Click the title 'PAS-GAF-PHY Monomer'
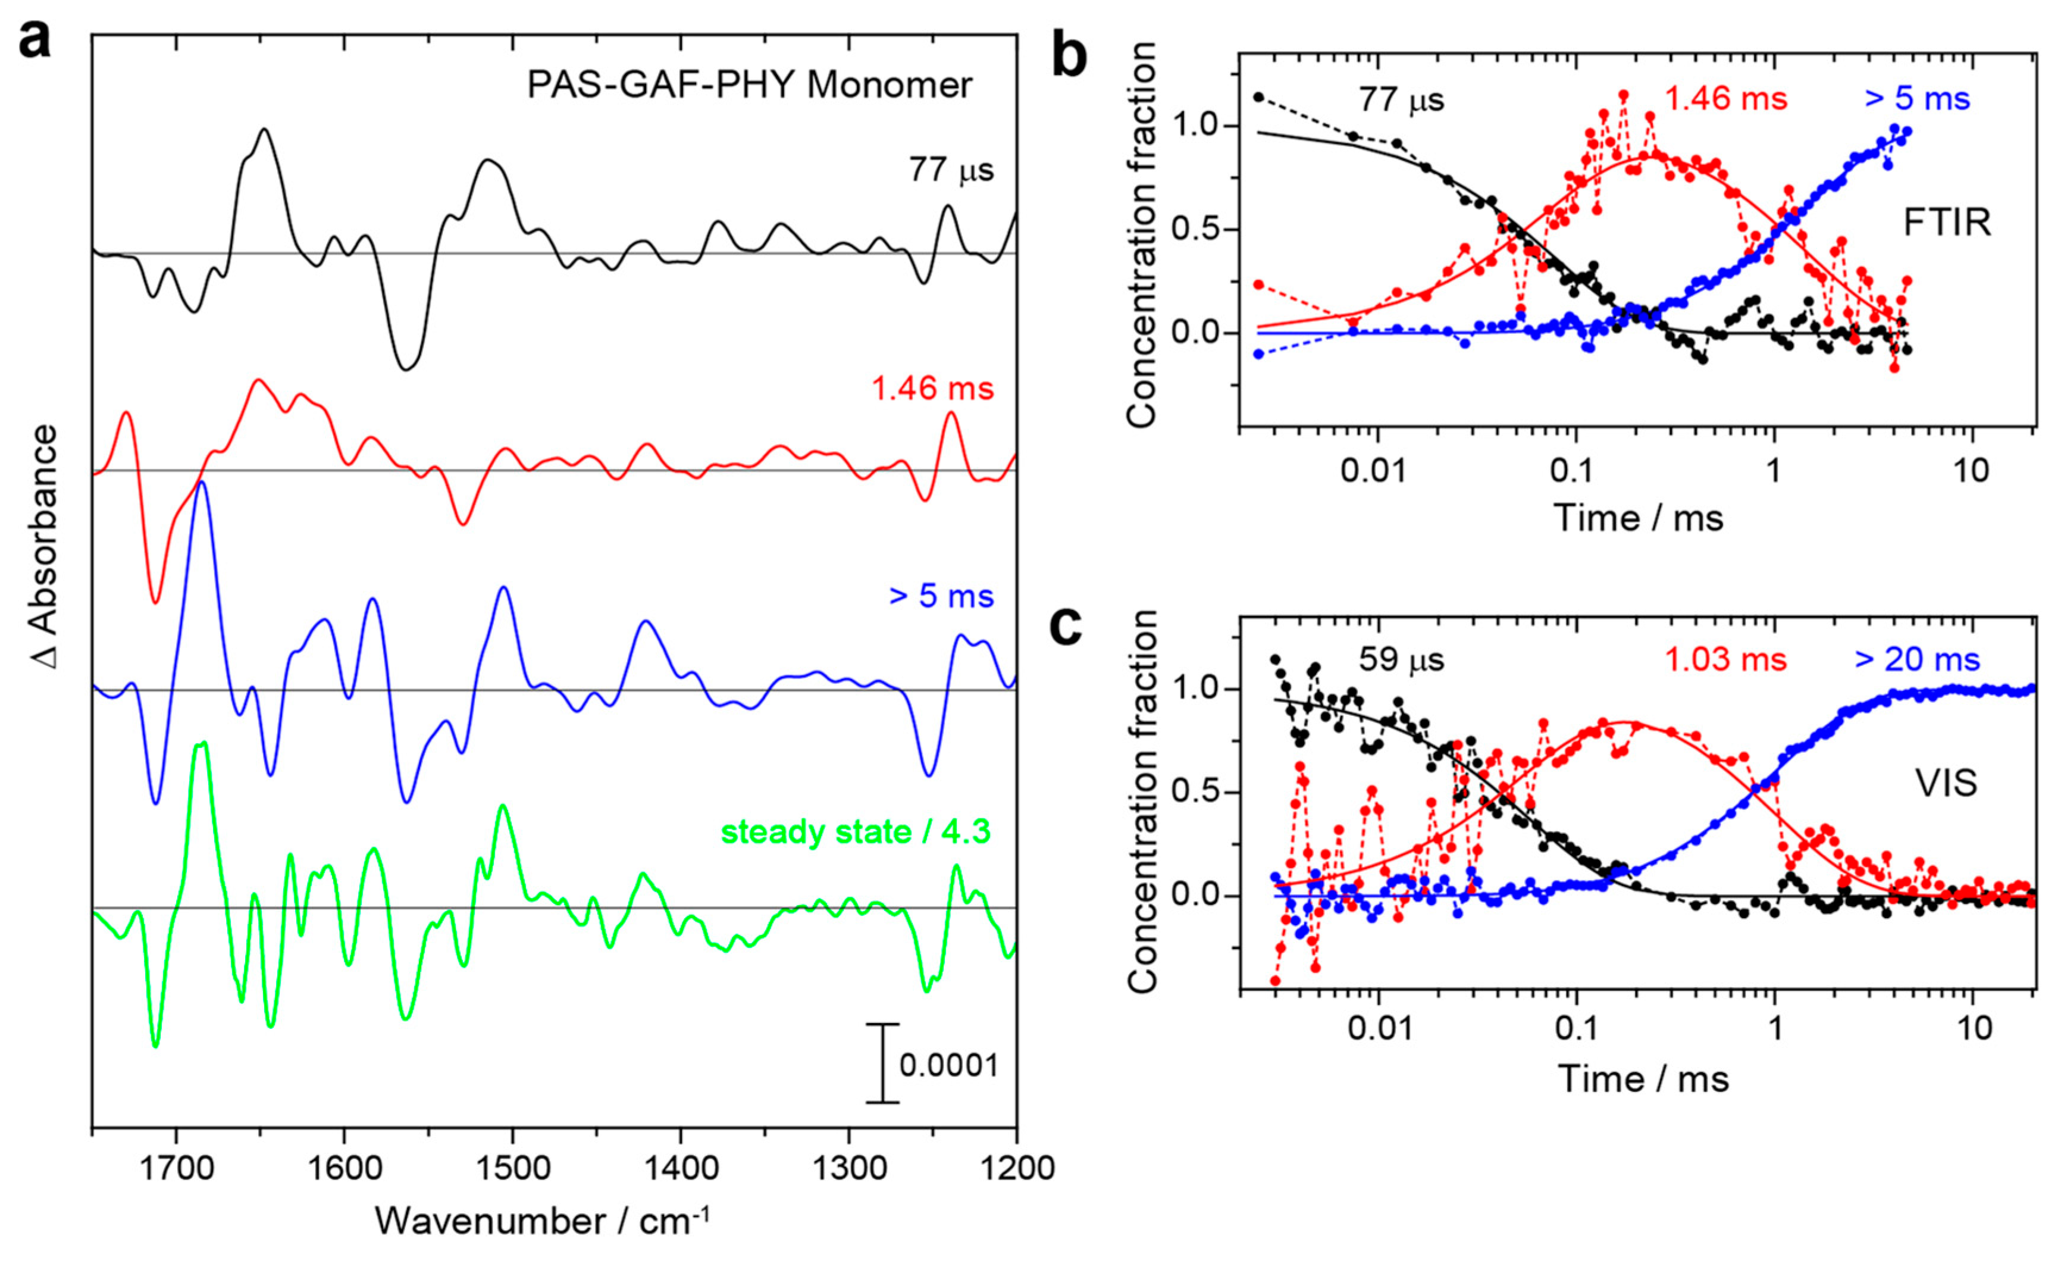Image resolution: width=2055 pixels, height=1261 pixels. (x=749, y=85)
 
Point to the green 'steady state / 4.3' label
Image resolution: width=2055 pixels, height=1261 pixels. (x=855, y=833)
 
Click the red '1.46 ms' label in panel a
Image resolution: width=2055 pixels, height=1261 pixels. (x=932, y=389)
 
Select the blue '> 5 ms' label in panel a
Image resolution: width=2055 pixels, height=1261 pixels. (x=941, y=596)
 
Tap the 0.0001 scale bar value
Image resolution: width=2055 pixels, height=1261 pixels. (x=948, y=1066)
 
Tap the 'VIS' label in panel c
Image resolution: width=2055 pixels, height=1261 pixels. (x=1946, y=783)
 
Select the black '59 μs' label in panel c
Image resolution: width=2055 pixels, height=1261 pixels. (x=1401, y=660)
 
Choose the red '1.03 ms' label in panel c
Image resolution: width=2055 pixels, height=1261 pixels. (x=1725, y=660)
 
